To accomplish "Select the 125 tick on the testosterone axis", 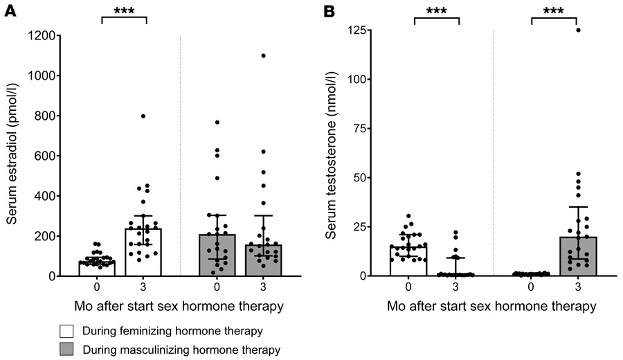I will [x=361, y=30].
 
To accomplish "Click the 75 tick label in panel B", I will [x=364, y=129].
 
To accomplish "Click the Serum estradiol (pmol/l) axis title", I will [x=12, y=155].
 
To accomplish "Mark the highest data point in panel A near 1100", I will [x=264, y=55].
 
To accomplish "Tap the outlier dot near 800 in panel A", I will [x=143, y=116].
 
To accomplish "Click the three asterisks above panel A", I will [x=125, y=11].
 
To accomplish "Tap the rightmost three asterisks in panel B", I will [x=554, y=11].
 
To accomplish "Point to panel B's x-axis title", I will [x=493, y=305].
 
